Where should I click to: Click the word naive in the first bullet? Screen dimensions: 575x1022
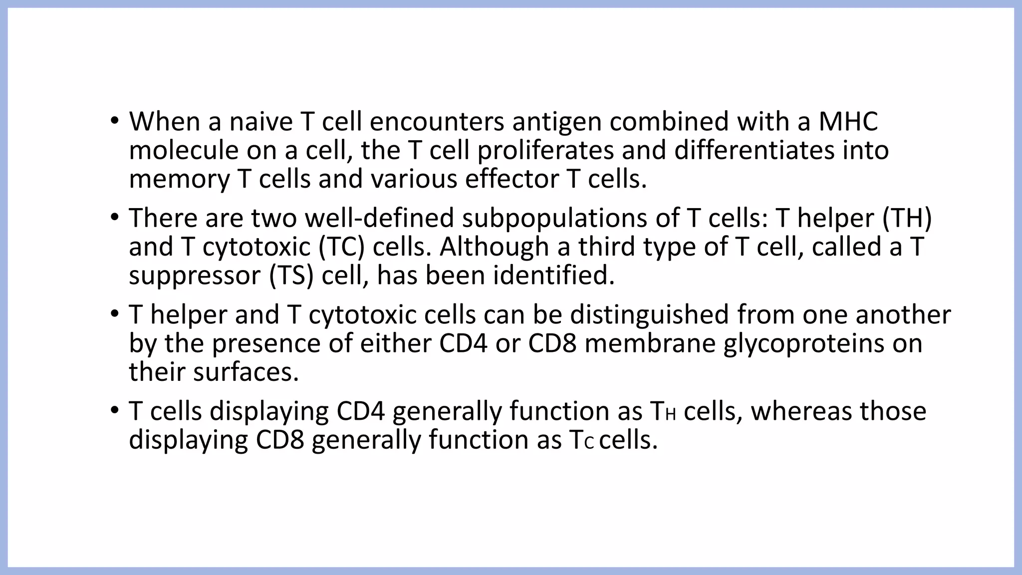[x=260, y=122]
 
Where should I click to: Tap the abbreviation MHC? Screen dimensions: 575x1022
[x=848, y=122]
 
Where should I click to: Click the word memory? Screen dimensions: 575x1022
[x=179, y=180]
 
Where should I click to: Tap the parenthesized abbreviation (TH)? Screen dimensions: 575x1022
[x=907, y=218]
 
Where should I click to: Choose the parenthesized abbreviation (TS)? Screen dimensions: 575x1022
[x=291, y=276]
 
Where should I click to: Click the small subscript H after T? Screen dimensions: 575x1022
[x=670, y=415]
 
